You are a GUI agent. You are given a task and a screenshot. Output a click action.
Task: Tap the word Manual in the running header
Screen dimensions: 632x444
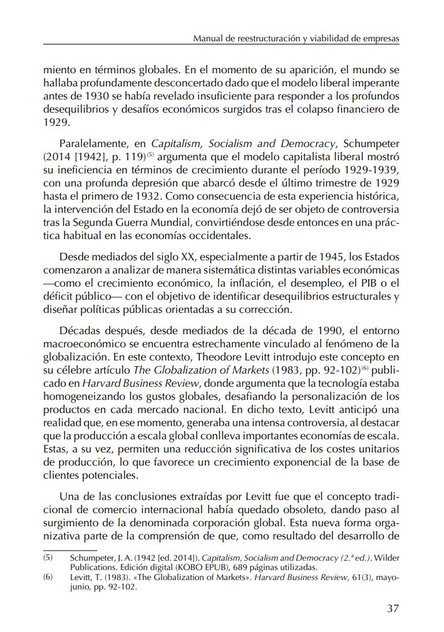209,39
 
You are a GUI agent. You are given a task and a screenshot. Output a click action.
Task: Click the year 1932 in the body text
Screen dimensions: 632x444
143,196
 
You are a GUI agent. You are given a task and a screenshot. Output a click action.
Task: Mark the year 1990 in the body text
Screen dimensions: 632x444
348,330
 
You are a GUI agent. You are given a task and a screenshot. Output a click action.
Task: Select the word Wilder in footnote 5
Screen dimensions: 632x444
386,556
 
